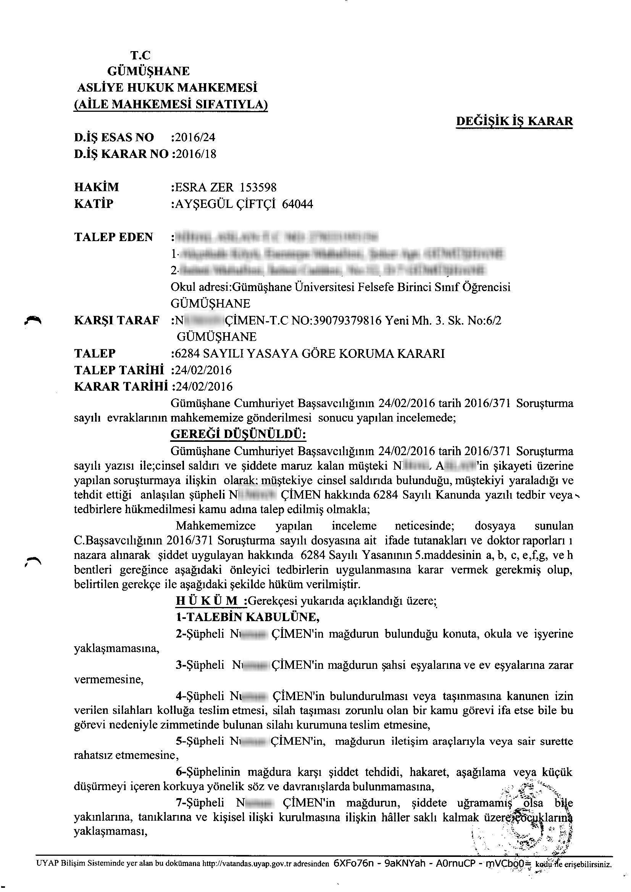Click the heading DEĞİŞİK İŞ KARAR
click(x=514, y=121)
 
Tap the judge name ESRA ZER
click(x=205, y=188)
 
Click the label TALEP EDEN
click(x=113, y=237)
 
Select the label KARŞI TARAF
click(x=117, y=320)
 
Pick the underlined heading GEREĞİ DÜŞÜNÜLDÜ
click(x=238, y=434)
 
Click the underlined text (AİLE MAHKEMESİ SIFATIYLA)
click(x=170, y=104)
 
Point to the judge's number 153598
click(x=258, y=188)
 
